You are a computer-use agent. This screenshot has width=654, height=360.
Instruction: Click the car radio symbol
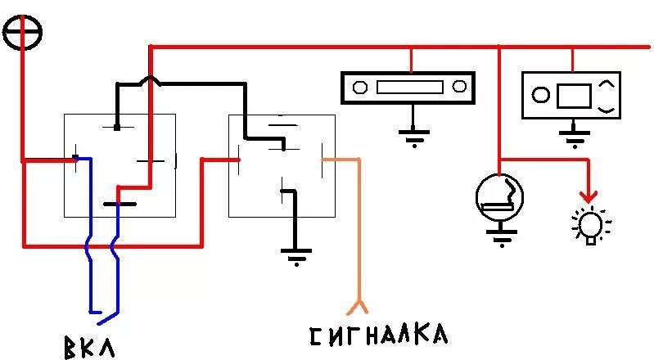click(x=408, y=86)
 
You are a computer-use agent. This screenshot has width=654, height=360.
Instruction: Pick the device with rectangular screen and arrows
click(x=572, y=94)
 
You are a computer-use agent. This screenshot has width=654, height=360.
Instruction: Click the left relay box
click(x=120, y=165)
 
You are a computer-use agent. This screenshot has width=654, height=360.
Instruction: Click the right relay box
click(x=282, y=165)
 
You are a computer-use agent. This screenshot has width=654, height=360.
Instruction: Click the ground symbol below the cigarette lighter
click(x=499, y=236)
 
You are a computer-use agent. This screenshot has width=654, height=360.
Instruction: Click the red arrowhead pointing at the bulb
click(x=587, y=196)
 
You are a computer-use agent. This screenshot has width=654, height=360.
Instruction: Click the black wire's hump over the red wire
click(x=150, y=80)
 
